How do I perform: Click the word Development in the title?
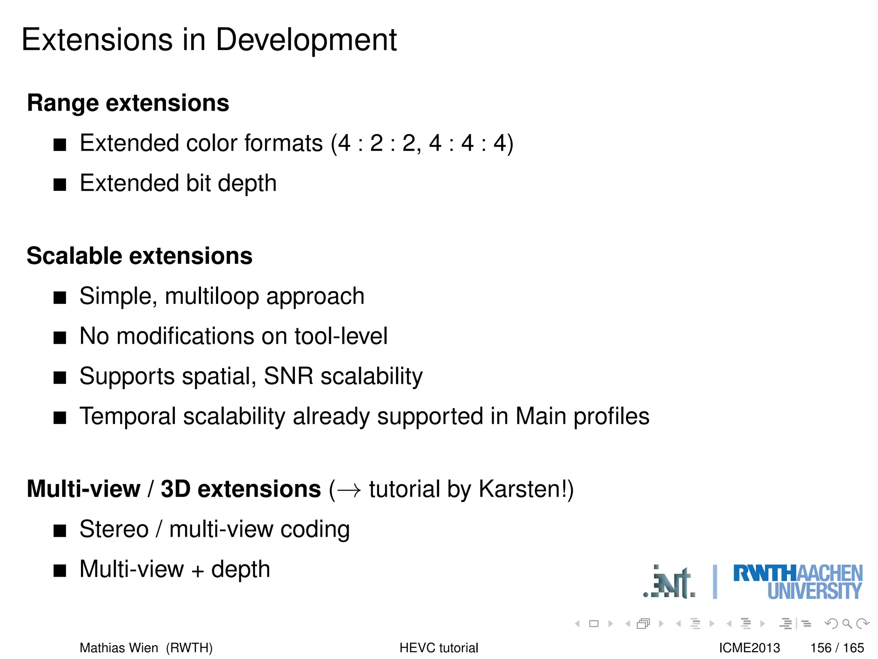(x=306, y=40)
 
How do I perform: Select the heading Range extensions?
(x=128, y=103)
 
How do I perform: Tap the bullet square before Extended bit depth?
(x=60, y=185)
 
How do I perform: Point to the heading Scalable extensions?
(x=139, y=256)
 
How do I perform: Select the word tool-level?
(x=341, y=336)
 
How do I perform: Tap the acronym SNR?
(x=289, y=376)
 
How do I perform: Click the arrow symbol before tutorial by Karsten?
(x=349, y=490)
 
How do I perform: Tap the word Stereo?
(x=114, y=529)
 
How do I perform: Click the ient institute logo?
(x=670, y=583)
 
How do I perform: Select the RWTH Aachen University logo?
(x=797, y=582)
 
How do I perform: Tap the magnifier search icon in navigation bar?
(x=847, y=623)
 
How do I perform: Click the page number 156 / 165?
(x=837, y=648)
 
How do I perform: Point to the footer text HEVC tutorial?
(x=439, y=648)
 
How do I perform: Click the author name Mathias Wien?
(x=119, y=648)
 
